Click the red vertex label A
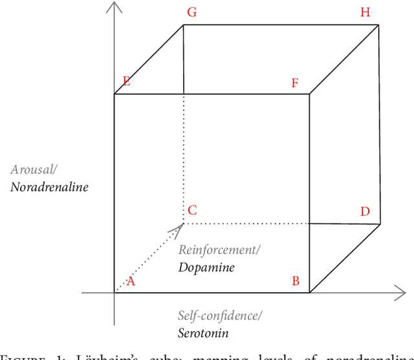pos(131,281)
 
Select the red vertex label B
pos(296,281)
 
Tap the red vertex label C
pos(192,210)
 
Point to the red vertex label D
pos(365,211)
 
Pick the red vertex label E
pos(126,81)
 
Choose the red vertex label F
pos(295,83)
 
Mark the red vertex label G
pos(191,12)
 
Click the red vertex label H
pos(365,12)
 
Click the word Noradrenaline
pos(49,187)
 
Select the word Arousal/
pos(34,169)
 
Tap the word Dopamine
pos(207,266)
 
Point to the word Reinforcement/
pos(216,249)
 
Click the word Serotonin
pos(203,334)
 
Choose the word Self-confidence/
pos(220,316)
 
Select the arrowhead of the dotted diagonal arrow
pos(180,227)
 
